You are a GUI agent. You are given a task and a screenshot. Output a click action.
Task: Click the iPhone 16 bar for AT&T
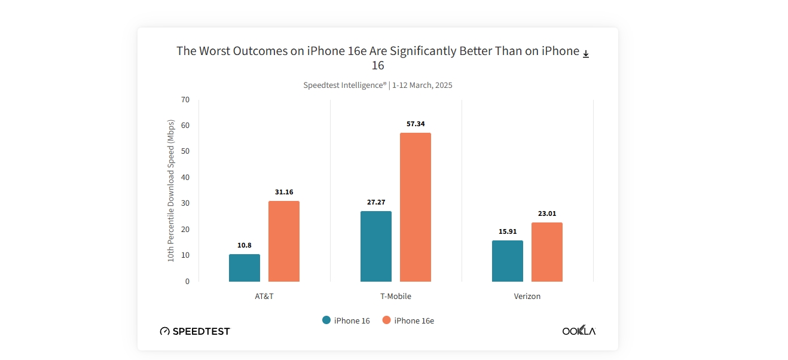tap(245, 268)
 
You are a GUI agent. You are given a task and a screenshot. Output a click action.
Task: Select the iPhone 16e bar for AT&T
tap(284, 241)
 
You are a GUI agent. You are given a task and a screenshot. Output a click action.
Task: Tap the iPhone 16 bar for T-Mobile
tap(376, 246)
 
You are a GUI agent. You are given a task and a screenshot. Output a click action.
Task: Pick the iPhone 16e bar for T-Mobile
tap(416, 207)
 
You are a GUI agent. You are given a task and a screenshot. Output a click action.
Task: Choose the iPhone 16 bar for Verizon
tap(508, 261)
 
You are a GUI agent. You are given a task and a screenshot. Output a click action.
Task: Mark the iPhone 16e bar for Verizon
tap(547, 252)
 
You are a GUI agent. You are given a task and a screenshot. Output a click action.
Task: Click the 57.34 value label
tap(416, 124)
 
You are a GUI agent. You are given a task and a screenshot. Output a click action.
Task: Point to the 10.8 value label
tap(245, 245)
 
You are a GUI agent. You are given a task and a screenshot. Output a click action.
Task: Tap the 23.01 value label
tap(547, 213)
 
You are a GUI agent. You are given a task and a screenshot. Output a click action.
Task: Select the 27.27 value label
tap(376, 202)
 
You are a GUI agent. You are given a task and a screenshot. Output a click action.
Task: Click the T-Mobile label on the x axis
tap(396, 296)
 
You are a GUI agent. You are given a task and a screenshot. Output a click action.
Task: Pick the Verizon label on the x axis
tap(527, 296)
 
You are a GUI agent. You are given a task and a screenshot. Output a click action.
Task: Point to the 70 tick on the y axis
tap(185, 99)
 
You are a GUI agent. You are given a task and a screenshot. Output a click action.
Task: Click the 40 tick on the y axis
tap(185, 177)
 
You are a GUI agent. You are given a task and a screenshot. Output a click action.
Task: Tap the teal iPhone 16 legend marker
tap(326, 320)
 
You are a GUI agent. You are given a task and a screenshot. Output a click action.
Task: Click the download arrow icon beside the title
tap(586, 54)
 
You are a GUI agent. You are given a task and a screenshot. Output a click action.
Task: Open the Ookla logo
tap(579, 331)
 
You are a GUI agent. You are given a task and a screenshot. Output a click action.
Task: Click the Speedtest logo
tap(195, 331)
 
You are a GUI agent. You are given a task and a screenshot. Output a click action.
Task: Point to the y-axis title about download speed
tap(170, 190)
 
